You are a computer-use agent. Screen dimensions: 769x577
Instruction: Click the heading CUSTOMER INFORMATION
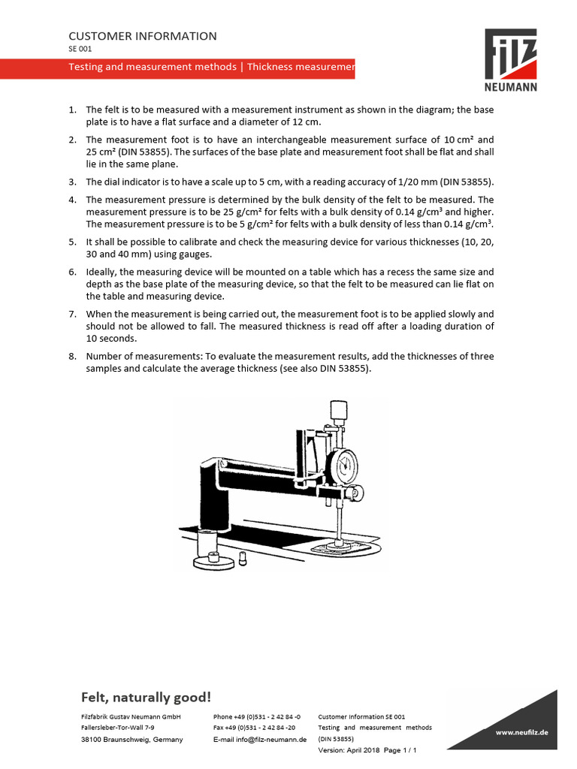(143, 36)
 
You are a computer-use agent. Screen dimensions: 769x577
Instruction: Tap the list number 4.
(72, 200)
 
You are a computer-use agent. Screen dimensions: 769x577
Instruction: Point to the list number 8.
(72, 356)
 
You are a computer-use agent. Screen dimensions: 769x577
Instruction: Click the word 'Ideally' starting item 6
(102, 272)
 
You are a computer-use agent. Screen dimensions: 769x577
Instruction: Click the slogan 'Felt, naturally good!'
(147, 698)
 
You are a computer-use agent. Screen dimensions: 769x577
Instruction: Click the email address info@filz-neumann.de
(255, 740)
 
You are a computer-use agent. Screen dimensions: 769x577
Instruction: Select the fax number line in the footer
(255, 728)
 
